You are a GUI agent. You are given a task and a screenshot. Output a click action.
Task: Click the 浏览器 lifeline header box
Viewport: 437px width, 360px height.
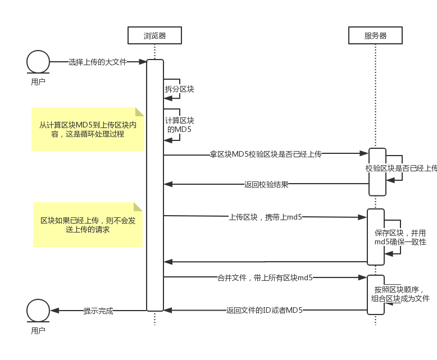[x=154, y=36]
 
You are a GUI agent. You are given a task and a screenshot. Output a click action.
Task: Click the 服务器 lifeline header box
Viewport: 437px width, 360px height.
[x=376, y=36]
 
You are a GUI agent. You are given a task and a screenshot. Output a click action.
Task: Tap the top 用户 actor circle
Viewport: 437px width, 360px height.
[x=38, y=62]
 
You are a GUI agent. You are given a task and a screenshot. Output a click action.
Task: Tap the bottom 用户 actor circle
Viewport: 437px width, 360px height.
[x=38, y=311]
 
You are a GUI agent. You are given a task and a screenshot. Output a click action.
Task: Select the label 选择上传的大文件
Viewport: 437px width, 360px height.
[x=98, y=62]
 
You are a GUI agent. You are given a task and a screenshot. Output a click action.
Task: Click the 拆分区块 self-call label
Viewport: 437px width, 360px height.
[x=179, y=89]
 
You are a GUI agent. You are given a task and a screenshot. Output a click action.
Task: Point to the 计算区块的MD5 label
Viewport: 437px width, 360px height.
[x=179, y=125]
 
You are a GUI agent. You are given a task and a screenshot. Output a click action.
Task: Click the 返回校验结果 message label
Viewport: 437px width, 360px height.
[x=266, y=184]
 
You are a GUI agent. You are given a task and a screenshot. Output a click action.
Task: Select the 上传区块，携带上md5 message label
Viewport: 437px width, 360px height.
[x=265, y=216]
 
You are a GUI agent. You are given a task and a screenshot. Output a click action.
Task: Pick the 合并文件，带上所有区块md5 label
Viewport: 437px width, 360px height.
[x=265, y=277]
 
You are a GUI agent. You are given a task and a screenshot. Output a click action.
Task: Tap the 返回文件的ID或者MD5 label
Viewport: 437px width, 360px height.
[x=265, y=310]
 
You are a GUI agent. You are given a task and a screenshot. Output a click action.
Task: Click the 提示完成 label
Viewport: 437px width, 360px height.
[x=98, y=311]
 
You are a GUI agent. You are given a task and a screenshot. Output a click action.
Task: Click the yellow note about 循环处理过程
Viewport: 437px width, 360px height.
[x=88, y=129]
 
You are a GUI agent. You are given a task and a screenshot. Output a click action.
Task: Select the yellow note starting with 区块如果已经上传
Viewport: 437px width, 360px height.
[x=88, y=225]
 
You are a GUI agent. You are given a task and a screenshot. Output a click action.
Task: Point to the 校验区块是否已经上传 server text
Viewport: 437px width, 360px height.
[x=401, y=168]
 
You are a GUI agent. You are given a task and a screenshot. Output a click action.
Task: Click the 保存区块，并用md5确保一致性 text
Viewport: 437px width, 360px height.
[x=400, y=237]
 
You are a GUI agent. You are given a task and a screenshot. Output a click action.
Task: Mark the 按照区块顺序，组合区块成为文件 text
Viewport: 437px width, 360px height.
[x=400, y=294]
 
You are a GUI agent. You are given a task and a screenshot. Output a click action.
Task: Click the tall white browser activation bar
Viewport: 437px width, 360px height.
[x=155, y=185]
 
